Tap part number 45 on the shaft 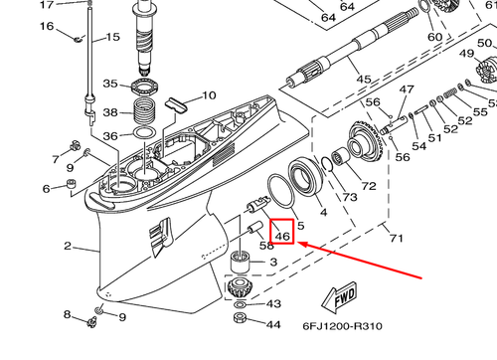tap(363, 80)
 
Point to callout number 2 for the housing tap(68, 246)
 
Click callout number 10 tap(209, 96)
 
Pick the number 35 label tap(111, 85)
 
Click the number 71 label tap(396, 239)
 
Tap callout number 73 tap(350, 198)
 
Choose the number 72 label tap(369, 186)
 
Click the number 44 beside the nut tap(273, 324)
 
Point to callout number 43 tap(273, 303)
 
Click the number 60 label tap(434, 38)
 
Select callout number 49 tap(467, 53)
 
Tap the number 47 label tap(406, 90)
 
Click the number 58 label tap(266, 245)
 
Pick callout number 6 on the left tap(45, 189)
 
